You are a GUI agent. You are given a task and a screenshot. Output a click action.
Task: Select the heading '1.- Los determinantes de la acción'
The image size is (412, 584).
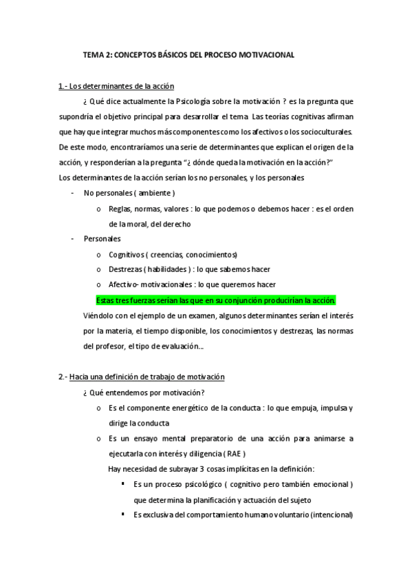pyautogui.click(x=117, y=86)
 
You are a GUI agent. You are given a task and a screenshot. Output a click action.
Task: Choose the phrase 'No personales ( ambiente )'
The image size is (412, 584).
pyautogui.click(x=129, y=193)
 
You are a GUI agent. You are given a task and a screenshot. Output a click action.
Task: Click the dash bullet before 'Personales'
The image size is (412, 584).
pyautogui.click(x=73, y=239)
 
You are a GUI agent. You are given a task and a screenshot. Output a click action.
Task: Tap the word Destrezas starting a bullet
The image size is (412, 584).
pyautogui.click(x=125, y=269)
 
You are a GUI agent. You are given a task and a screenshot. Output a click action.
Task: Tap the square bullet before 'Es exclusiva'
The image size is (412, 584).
pyautogui.click(x=122, y=514)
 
